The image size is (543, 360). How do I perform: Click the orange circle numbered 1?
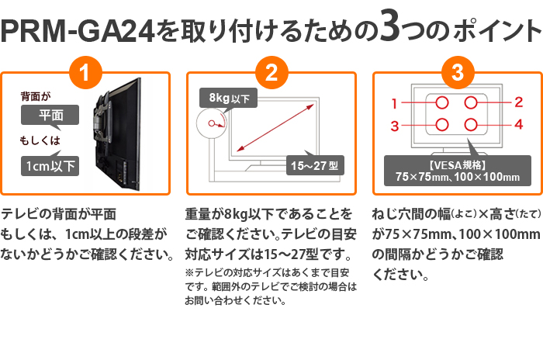[85, 73]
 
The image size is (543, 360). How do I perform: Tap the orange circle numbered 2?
[271, 73]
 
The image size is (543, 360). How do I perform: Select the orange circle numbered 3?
[458, 73]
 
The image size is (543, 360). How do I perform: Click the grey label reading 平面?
[50, 115]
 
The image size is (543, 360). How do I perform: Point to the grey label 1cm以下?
[50, 166]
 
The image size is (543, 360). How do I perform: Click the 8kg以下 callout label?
[229, 98]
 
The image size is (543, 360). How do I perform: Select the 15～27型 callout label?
[315, 165]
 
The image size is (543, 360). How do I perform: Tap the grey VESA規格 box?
[458, 171]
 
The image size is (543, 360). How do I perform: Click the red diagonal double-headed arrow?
[275, 127]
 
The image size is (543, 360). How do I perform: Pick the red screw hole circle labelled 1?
[442, 102]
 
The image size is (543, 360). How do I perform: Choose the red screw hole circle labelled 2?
[471, 102]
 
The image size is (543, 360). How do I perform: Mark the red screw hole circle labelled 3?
[442, 125]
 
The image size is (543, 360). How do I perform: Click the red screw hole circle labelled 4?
[471, 125]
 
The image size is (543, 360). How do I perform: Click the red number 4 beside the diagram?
[518, 124]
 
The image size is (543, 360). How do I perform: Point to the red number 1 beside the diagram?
[394, 103]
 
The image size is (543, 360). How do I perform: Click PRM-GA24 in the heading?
[78, 31]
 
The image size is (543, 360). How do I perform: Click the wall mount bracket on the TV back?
[103, 118]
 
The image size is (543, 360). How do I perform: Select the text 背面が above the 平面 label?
[36, 96]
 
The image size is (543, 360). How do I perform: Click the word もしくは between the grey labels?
[40, 140]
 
